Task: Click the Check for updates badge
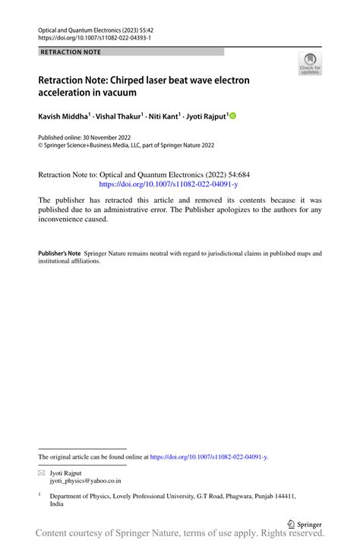click(x=309, y=64)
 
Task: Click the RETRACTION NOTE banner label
click(x=70, y=52)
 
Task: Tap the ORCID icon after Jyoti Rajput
click(x=232, y=115)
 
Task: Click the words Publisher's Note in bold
click(x=59, y=252)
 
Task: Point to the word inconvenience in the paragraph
click(x=71, y=219)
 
